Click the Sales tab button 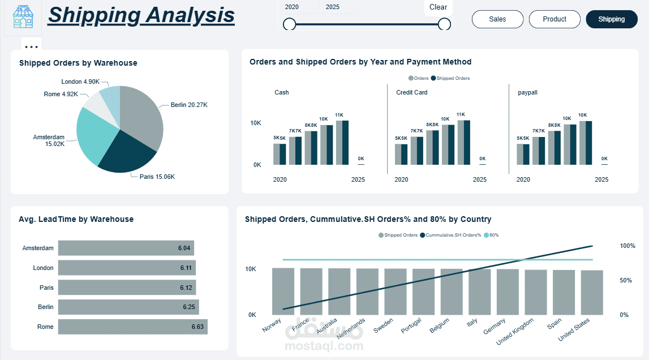click(x=497, y=19)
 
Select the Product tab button click(x=555, y=19)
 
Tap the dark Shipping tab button click(x=611, y=19)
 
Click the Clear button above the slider click(x=438, y=7)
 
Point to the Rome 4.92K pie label click(x=61, y=94)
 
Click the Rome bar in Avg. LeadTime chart click(x=132, y=327)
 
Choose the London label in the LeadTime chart click(x=44, y=268)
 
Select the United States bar click(x=592, y=292)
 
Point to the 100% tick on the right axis click(x=628, y=246)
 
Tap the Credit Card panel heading click(x=412, y=92)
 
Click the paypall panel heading click(x=527, y=92)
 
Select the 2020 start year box click(x=300, y=7)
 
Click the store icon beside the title click(x=23, y=18)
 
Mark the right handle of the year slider click(x=444, y=24)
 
